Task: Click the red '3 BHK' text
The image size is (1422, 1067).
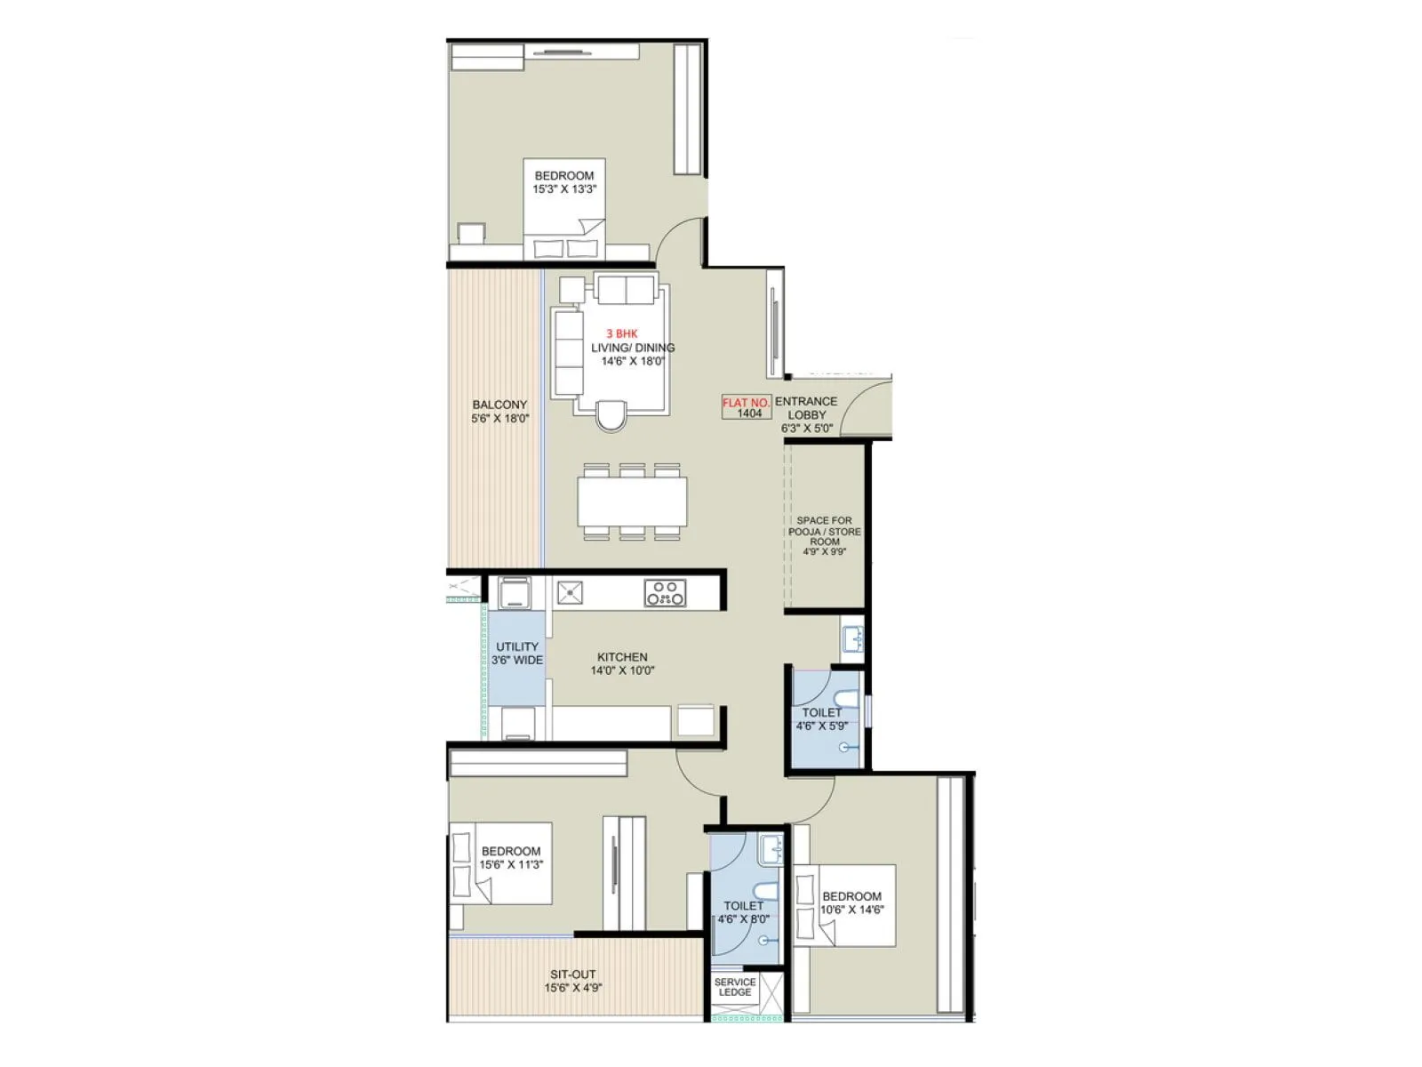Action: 622,334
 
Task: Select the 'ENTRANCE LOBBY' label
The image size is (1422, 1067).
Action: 806,408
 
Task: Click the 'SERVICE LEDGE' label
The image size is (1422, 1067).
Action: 735,987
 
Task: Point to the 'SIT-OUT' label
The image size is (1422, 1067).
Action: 573,975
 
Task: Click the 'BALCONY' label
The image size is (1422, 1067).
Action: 499,405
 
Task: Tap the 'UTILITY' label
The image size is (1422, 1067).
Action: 517,646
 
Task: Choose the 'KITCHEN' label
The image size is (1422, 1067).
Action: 622,657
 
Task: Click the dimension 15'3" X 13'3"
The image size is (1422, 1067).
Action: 564,189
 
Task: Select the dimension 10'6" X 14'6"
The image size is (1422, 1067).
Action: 852,910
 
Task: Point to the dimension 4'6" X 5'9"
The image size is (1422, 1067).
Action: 822,726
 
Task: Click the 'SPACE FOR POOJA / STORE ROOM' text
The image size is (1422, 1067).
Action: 825,531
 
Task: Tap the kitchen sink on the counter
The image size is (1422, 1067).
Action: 569,592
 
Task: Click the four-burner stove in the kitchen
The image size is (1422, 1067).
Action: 665,593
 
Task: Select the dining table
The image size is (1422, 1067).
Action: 632,502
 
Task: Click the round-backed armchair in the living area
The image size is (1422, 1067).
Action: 611,414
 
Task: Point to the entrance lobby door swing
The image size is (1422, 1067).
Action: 864,407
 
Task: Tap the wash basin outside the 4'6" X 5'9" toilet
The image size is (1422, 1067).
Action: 851,638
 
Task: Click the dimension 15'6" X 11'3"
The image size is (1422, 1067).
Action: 511,864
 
